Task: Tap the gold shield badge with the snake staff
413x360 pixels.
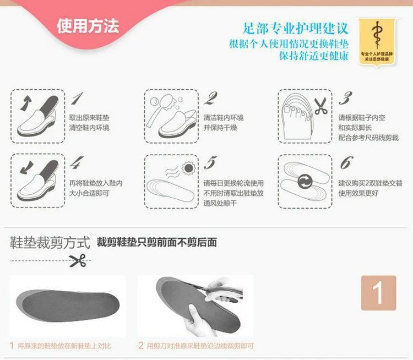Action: [378, 41]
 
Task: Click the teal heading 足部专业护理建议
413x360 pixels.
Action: [296, 28]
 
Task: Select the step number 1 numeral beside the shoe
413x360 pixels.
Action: [78, 99]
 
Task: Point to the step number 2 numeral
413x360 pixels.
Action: [210, 99]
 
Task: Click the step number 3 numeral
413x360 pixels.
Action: [345, 99]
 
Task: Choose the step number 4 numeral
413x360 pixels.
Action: [78, 163]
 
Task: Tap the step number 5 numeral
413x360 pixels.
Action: [210, 163]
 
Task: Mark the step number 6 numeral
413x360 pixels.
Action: [346, 163]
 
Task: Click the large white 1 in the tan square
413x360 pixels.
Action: [378, 293]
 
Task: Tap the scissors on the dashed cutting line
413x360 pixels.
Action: [78, 261]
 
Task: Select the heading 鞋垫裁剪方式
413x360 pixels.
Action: [50, 242]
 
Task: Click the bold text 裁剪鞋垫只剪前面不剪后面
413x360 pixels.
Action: [156, 242]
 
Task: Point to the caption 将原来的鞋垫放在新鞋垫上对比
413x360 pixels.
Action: [64, 346]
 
